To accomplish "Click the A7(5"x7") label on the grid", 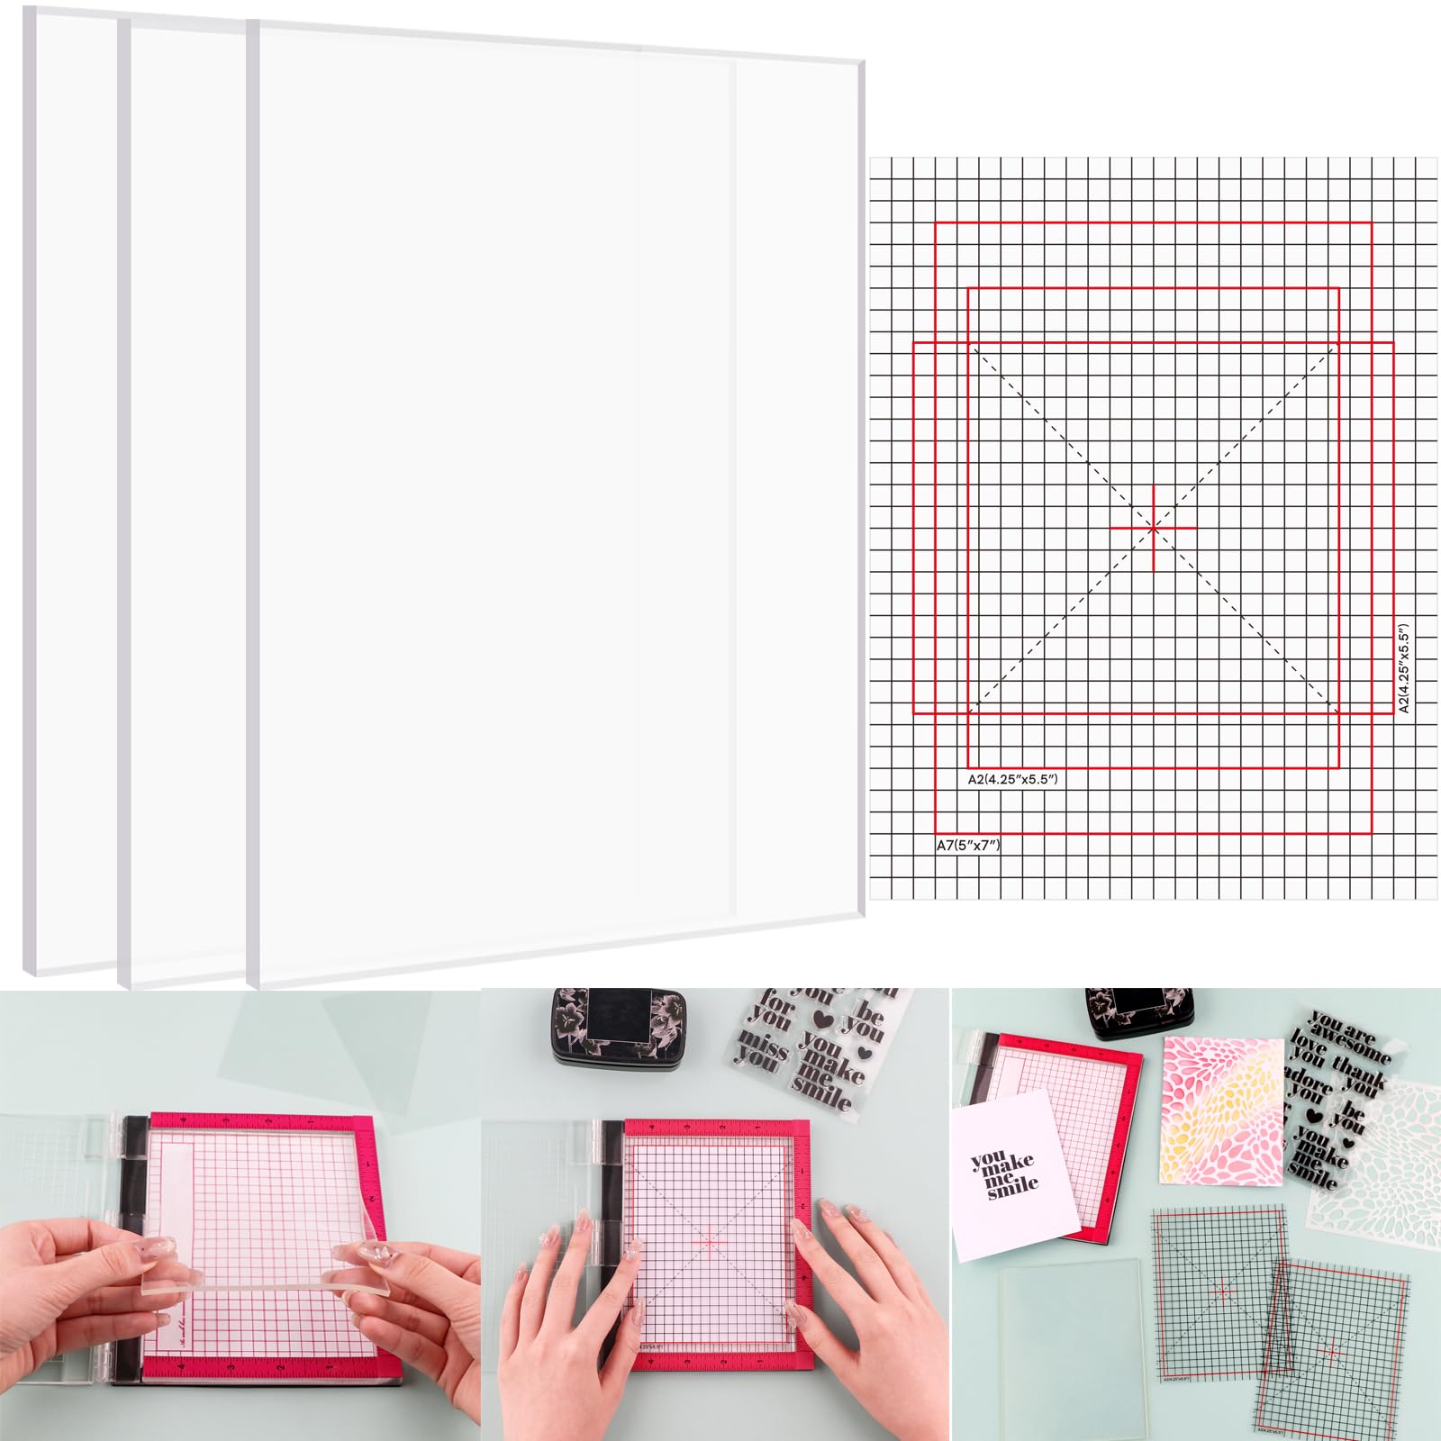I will click(968, 845).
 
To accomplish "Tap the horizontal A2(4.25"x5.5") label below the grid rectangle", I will click(1012, 779).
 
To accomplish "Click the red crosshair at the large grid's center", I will click(1154, 528).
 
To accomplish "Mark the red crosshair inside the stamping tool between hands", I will click(710, 1241).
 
